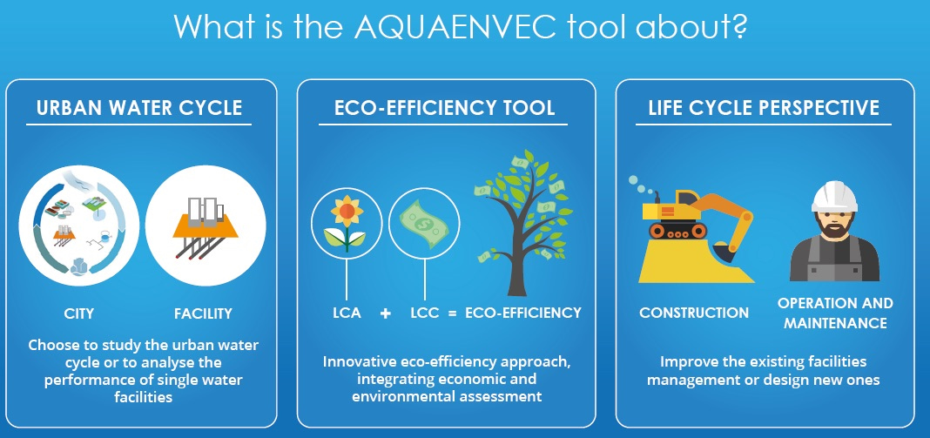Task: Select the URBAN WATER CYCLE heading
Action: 139,108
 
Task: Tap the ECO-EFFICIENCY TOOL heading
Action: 444,108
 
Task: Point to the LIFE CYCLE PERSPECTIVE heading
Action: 764,108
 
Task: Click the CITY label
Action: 79,313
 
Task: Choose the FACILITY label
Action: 203,313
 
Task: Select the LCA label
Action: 347,313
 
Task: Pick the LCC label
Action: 425,313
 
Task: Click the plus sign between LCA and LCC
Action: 386,313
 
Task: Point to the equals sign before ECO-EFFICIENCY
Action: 453,313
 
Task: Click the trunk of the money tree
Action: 517,261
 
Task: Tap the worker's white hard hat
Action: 834,197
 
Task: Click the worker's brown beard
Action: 834,227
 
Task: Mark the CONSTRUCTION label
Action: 694,313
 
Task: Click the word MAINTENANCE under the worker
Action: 835,323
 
